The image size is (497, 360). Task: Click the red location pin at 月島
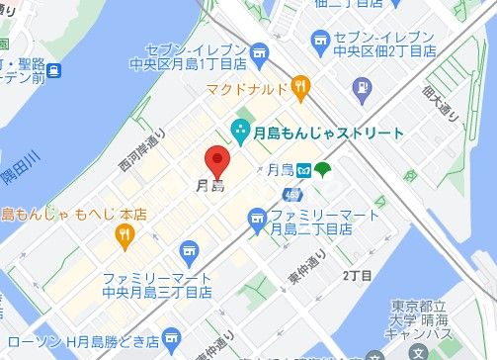217,159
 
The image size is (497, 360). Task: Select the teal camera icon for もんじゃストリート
238,130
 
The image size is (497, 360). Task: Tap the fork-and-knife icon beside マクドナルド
300,89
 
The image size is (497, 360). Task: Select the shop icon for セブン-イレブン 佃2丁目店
319,39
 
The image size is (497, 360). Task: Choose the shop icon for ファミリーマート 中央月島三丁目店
189,251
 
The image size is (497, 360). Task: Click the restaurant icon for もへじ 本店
124,234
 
